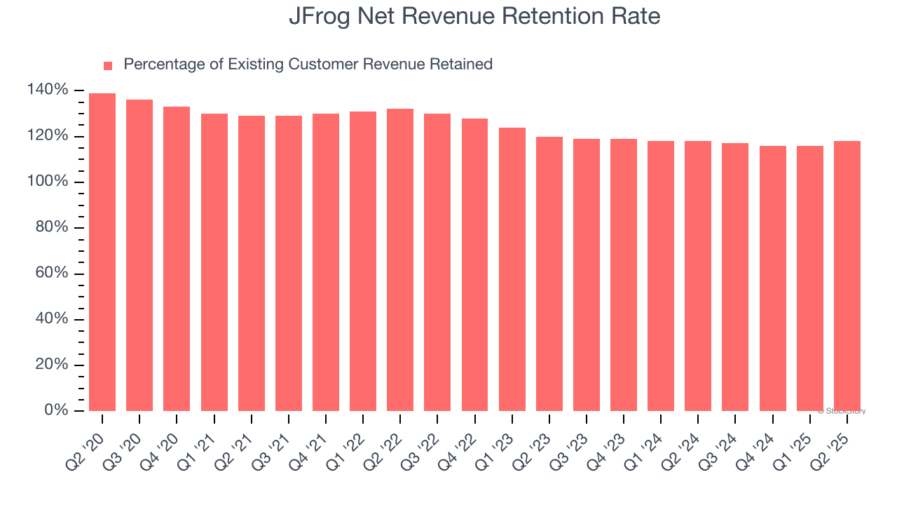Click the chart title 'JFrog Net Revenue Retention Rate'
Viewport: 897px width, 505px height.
[x=474, y=16]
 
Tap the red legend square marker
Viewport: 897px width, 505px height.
[x=108, y=65]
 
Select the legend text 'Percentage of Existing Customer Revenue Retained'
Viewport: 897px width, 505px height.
[x=308, y=65]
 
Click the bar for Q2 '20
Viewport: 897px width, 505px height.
[x=102, y=252]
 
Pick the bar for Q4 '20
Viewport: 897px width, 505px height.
[x=177, y=259]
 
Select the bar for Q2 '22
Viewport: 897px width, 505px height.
[x=400, y=260]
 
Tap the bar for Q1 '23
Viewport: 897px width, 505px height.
[x=512, y=269]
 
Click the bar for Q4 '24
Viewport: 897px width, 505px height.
[x=773, y=278]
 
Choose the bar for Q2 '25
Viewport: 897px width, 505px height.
[x=847, y=276]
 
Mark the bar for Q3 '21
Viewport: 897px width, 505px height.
[x=289, y=263]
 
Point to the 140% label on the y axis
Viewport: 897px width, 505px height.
[x=48, y=90]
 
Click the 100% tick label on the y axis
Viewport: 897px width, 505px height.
[x=48, y=182]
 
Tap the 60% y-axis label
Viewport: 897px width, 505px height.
[x=51, y=273]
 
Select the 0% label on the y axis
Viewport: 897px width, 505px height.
[x=55, y=410]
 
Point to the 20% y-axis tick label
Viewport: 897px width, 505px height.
[x=51, y=365]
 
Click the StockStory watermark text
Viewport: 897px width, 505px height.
[x=842, y=411]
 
